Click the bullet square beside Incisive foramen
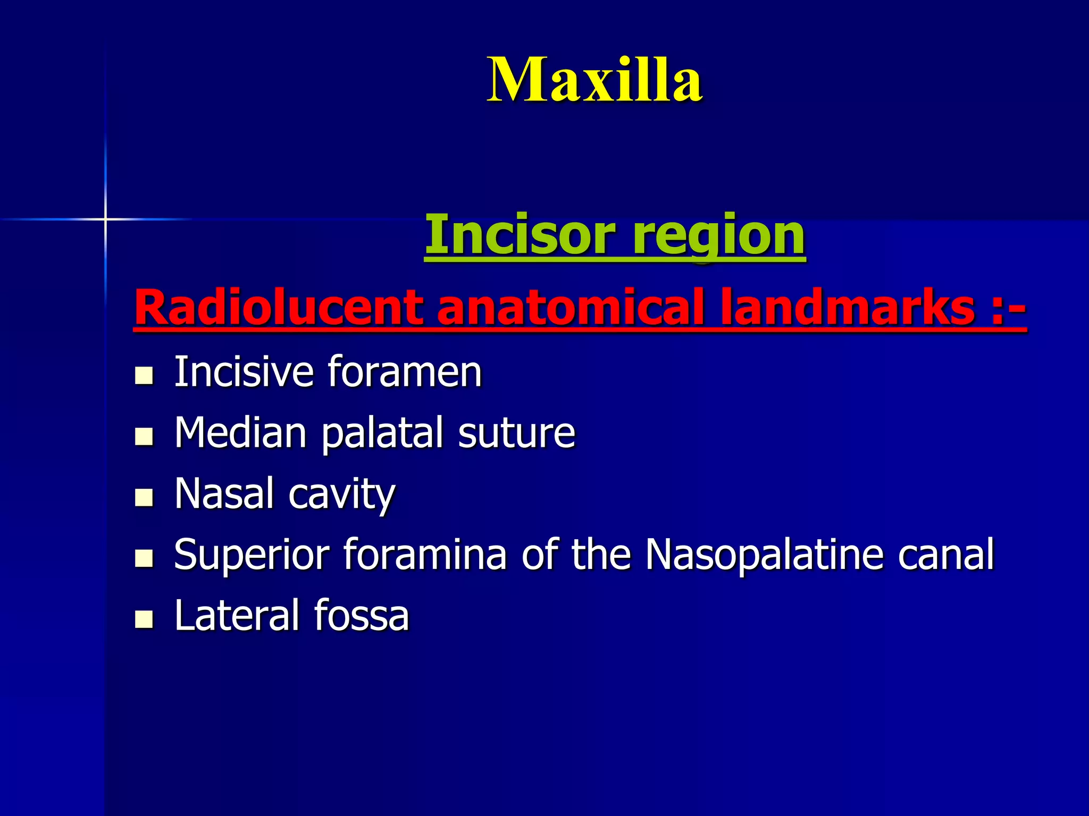(144, 376)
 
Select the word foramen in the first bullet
(405, 372)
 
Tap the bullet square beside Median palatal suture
(144, 437)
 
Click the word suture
(516, 433)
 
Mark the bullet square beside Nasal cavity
(144, 498)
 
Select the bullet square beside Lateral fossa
(144, 619)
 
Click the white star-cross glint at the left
(105, 219)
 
